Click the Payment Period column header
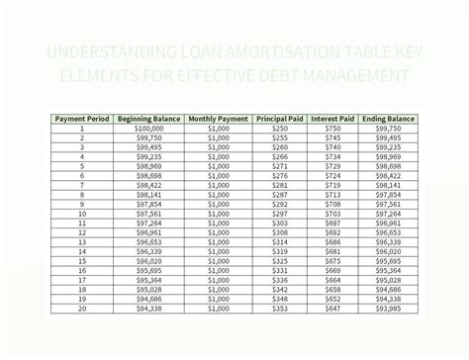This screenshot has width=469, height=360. click(82, 119)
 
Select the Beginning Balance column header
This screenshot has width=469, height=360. click(147, 119)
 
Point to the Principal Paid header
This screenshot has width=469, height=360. click(280, 119)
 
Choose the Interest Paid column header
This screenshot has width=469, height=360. click(332, 119)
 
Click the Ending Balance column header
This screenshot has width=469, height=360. click(388, 119)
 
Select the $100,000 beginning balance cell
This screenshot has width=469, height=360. click(147, 129)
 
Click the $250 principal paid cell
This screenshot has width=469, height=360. click(280, 129)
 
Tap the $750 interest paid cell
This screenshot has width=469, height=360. click(332, 129)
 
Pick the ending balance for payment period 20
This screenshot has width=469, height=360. click(388, 308)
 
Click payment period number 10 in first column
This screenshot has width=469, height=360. click(82, 214)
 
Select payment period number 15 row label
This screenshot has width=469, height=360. click(82, 260)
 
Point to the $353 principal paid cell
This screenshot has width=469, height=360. click(280, 308)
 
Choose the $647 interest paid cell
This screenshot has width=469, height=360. click(332, 308)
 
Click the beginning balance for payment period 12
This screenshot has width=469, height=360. click(147, 232)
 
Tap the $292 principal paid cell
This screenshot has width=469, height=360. click(280, 214)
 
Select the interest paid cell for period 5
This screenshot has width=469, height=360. click(332, 166)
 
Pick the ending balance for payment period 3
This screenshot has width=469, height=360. click(388, 147)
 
